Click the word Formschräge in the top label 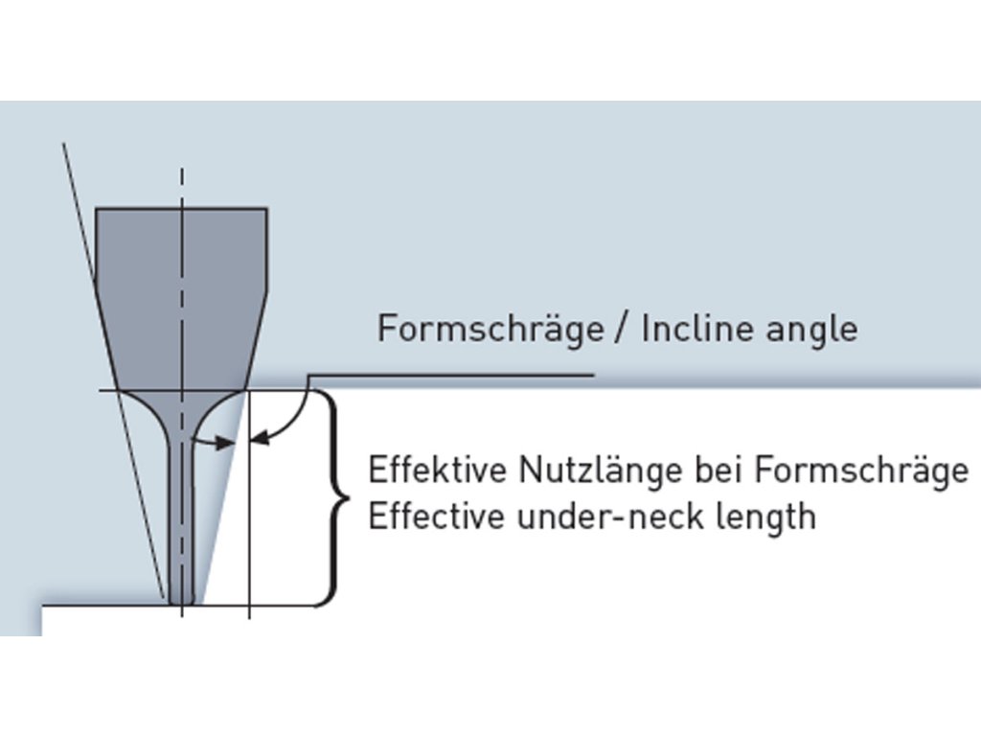[490, 329]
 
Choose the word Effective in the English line [437, 517]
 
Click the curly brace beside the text [334, 498]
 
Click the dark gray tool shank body [181, 287]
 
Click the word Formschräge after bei [861, 472]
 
